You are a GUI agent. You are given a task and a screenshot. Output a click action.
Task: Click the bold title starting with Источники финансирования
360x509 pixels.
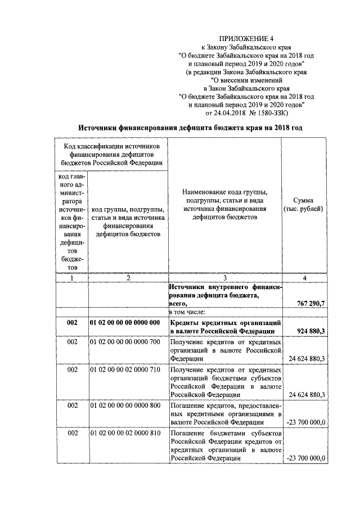(190, 128)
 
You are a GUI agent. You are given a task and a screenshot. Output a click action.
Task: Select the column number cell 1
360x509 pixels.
(71, 278)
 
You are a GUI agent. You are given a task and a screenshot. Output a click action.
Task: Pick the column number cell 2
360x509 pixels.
(128, 278)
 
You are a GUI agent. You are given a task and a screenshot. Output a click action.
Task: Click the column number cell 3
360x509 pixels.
(225, 278)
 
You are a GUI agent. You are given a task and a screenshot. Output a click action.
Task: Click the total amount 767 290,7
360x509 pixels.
(310, 304)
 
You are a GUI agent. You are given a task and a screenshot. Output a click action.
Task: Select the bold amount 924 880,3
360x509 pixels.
(310, 331)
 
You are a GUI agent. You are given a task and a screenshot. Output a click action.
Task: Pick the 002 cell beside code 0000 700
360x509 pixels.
(71, 341)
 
